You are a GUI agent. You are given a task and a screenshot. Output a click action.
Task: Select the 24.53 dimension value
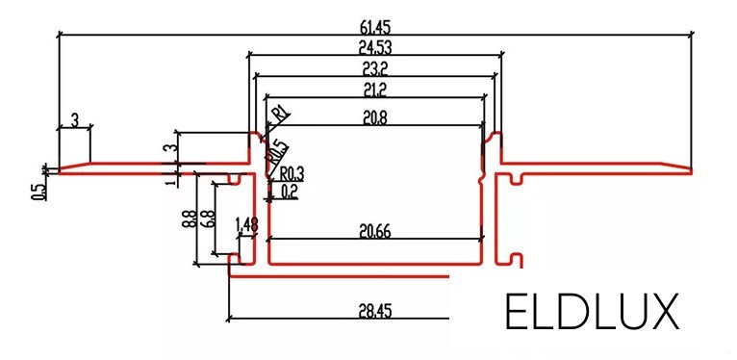point(374,45)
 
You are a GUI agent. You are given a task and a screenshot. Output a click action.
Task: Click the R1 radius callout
point(281,114)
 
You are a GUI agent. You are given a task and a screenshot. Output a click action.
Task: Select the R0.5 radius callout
point(276,150)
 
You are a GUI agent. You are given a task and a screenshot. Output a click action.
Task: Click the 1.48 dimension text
point(246,224)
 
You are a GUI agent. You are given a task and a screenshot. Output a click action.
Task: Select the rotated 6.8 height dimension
point(208,219)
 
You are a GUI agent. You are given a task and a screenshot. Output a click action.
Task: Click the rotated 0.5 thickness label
point(37,191)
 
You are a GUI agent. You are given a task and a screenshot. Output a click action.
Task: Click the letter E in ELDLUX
point(518,311)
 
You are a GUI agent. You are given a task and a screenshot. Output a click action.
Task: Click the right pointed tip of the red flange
point(691,170)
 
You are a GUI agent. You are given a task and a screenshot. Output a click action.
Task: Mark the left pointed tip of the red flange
point(60,171)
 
